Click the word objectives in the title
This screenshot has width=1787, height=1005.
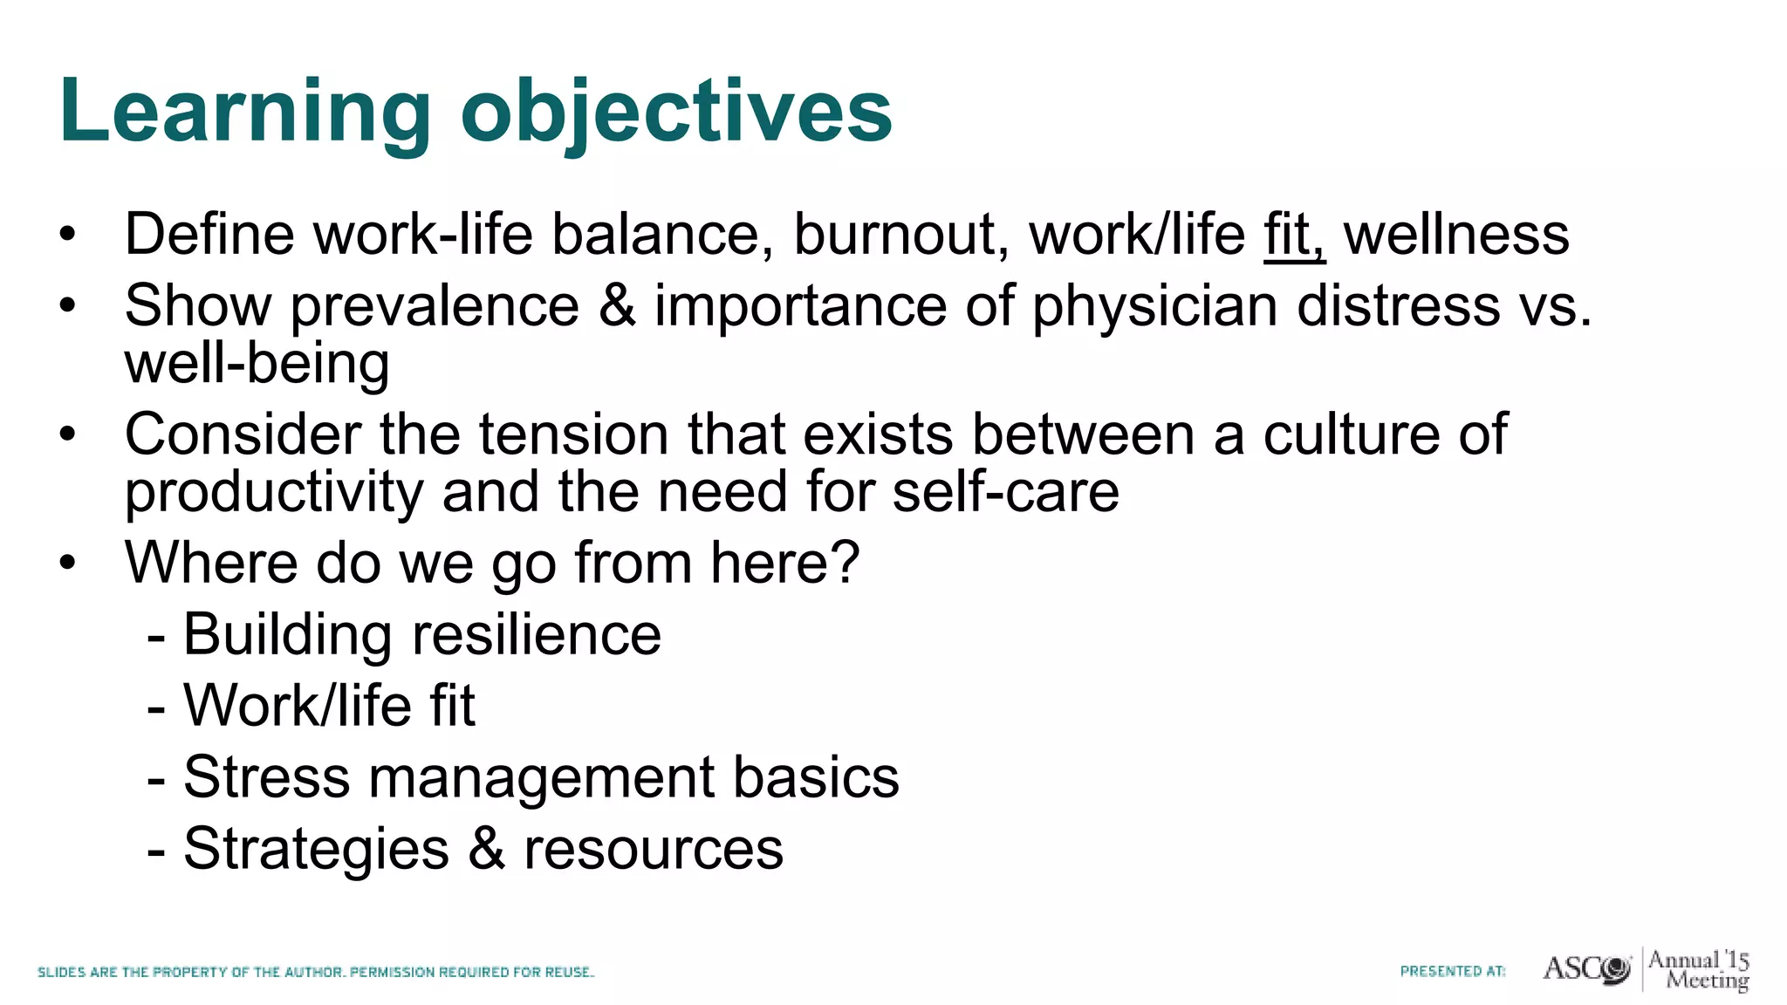[676, 112]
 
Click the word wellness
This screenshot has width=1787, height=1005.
[1455, 236]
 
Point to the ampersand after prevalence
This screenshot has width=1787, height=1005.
[617, 306]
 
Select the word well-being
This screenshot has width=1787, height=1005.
[257, 365]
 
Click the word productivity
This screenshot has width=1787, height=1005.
[273, 493]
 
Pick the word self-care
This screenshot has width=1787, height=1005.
[1005, 493]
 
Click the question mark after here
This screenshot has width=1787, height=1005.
[845, 563]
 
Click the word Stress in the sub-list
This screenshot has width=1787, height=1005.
[266, 777]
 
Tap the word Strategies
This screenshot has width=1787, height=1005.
[316, 849]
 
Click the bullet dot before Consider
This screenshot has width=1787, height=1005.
[68, 434]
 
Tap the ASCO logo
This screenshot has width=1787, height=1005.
[1586, 969]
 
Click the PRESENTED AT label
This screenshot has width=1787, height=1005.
[1453, 971]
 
